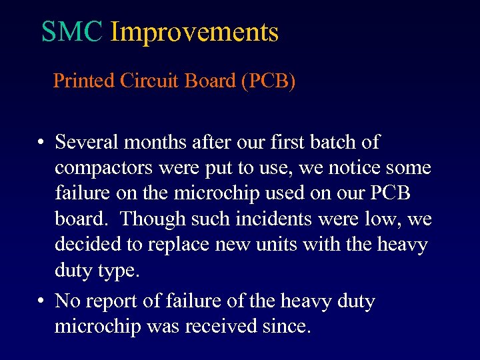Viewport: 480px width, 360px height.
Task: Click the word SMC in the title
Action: tap(71, 32)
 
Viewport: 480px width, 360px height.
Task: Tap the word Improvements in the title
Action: tap(194, 32)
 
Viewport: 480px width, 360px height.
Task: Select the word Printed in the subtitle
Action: tap(83, 81)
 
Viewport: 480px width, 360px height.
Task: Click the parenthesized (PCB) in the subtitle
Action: tap(269, 81)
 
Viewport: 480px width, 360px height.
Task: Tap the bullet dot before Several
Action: tap(41, 143)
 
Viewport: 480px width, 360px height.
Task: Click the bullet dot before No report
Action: tap(41, 302)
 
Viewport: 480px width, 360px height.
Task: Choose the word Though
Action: tap(147, 219)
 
